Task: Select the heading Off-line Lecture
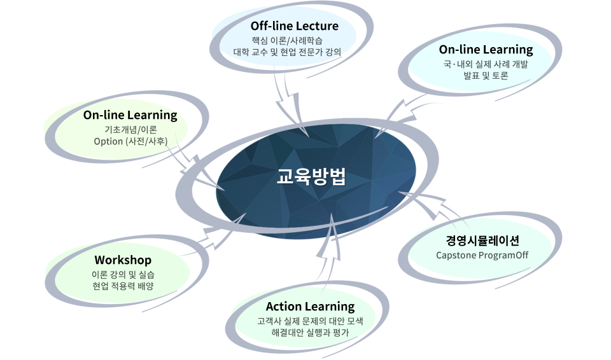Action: [294, 26]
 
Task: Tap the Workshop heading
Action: [123, 260]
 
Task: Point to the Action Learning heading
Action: [310, 307]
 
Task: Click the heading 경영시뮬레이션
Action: [482, 240]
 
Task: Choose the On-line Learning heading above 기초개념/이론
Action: [130, 115]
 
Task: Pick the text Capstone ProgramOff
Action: [482, 255]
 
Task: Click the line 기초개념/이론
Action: [130, 129]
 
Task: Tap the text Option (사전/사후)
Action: [130, 141]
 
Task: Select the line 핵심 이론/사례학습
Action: [287, 40]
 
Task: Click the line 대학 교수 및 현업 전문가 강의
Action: [287, 52]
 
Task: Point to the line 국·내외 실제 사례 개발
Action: [486, 64]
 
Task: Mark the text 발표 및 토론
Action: [486, 76]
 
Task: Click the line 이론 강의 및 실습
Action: [123, 274]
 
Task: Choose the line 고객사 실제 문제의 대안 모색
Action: [310, 321]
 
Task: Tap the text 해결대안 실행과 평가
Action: [310, 333]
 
